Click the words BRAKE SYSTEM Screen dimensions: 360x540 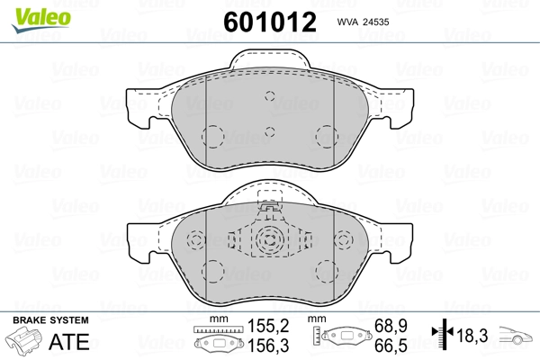pos(50,321)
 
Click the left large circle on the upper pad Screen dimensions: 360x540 pos(213,136)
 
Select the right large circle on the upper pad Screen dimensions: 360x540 pos(326,136)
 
